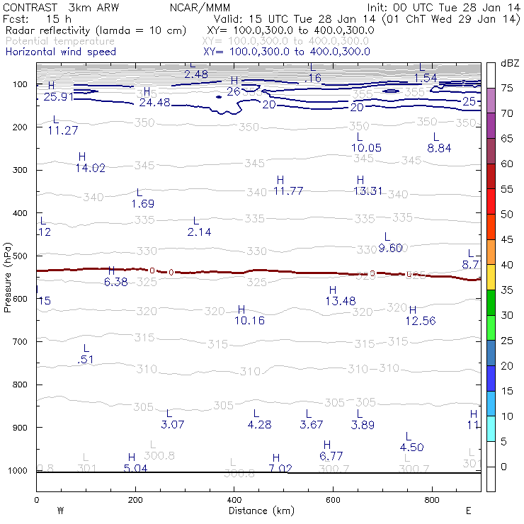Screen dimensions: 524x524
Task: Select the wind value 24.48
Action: pos(154,103)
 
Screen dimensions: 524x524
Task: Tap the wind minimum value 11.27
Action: pos(62,130)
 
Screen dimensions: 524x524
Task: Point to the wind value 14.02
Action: pos(90,168)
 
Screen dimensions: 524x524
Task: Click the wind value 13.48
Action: pos(341,301)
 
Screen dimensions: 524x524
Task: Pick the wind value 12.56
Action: pos(421,321)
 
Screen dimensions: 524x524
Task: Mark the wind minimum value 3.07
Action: pos(173,425)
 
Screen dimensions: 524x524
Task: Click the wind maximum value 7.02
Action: pos(281,469)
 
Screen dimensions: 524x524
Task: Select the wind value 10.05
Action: pos(366,147)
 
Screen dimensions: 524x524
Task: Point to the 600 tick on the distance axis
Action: pos(333,499)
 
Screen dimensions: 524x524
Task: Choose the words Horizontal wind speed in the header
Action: pos(60,52)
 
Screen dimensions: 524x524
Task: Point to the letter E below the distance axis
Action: pos(468,510)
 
